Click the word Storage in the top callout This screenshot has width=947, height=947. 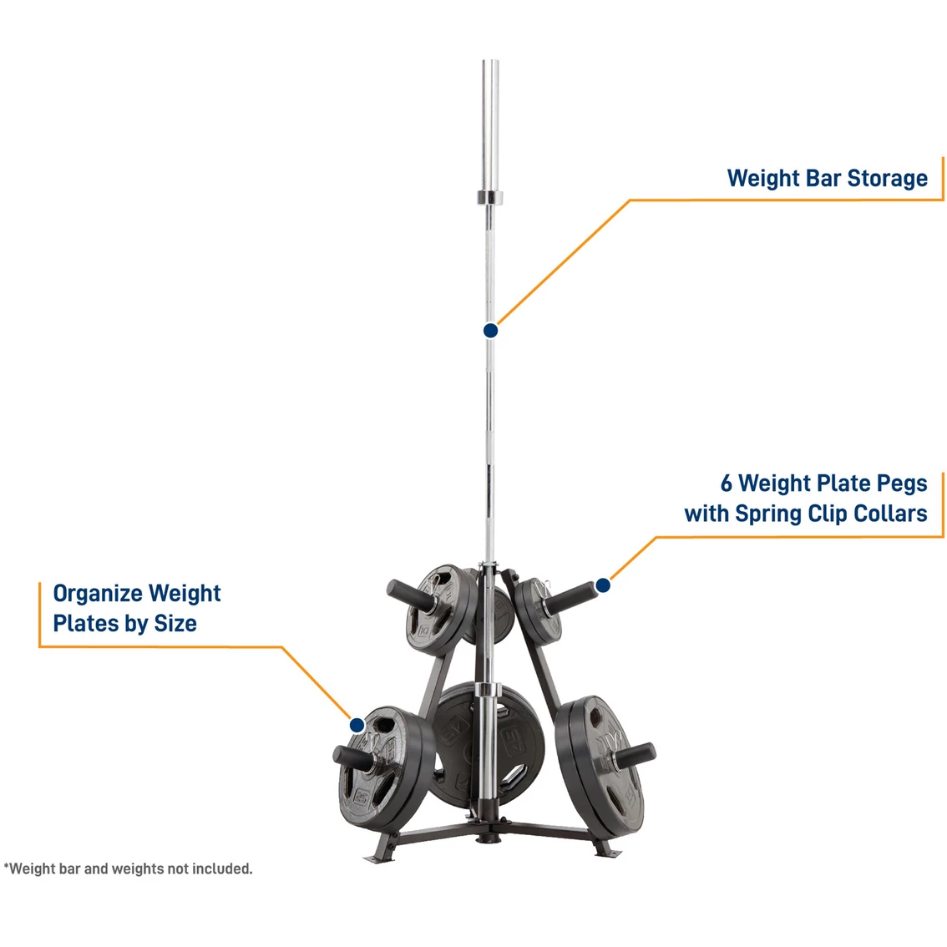887,179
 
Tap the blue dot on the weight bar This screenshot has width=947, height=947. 491,331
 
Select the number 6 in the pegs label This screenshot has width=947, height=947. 727,484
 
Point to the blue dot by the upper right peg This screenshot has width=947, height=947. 603,585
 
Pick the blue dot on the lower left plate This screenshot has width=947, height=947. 357,725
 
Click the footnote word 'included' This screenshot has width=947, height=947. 220,869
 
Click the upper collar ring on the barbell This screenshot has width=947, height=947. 490,198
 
